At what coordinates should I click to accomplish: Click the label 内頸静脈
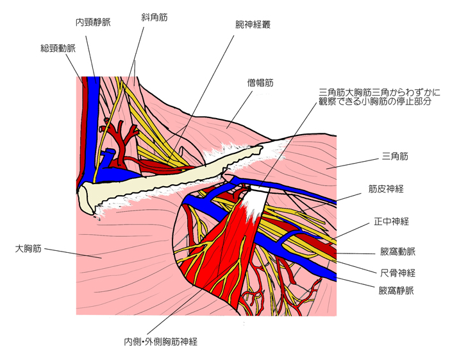[x=94, y=22]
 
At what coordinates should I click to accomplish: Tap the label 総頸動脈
[x=58, y=47]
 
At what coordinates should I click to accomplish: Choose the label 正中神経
[x=391, y=221]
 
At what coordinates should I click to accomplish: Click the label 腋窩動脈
[x=398, y=252]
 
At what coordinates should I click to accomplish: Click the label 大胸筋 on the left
[x=29, y=247]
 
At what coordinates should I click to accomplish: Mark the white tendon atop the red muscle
[x=253, y=199]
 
